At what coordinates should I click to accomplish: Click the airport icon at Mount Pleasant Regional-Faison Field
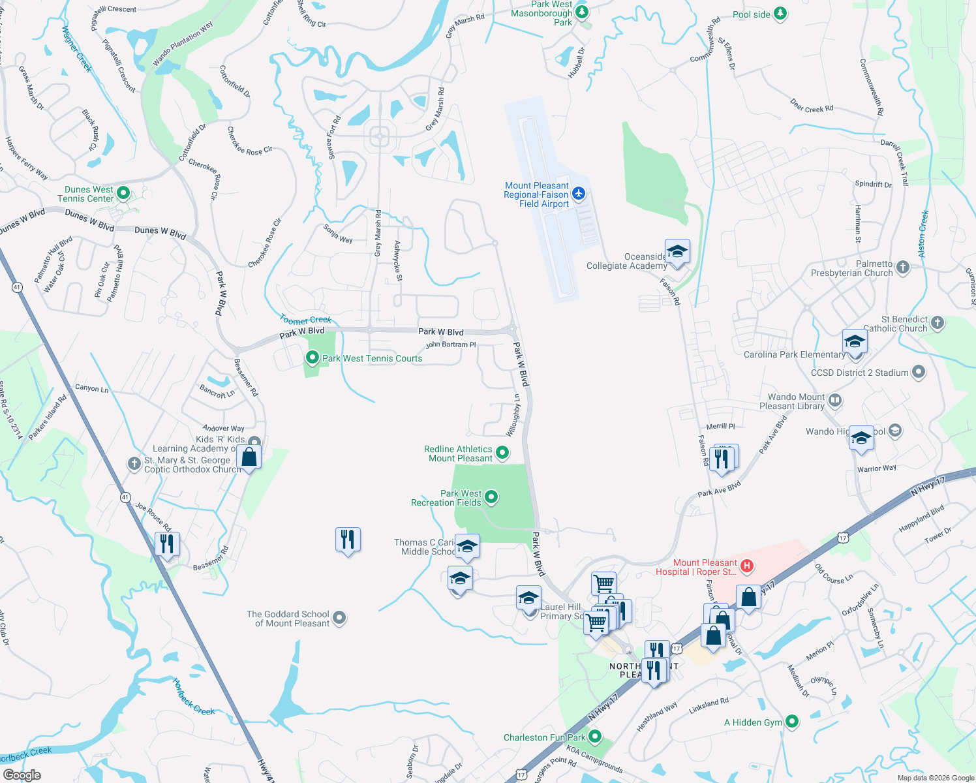(x=579, y=194)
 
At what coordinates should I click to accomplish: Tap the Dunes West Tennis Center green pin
(x=123, y=193)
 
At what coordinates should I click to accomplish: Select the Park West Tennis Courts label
(x=372, y=358)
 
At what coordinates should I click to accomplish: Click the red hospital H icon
(x=748, y=566)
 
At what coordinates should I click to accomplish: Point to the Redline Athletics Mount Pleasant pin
(x=502, y=452)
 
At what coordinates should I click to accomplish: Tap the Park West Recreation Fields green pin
(x=491, y=497)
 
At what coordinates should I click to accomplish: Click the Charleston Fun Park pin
(x=594, y=737)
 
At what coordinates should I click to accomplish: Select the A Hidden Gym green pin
(x=792, y=722)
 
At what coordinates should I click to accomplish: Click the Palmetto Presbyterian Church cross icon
(x=903, y=267)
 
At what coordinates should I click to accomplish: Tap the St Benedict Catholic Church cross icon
(x=938, y=322)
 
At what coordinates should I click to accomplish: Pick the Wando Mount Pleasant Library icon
(x=835, y=400)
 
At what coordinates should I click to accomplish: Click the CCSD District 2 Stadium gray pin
(x=919, y=372)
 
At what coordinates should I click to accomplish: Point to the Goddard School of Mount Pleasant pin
(x=339, y=617)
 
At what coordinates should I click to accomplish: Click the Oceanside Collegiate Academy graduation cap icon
(x=677, y=252)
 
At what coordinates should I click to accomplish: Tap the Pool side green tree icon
(x=780, y=14)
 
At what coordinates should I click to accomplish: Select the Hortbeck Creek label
(x=193, y=698)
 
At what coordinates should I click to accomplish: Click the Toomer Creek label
(x=305, y=320)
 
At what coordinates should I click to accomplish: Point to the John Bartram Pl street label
(x=451, y=345)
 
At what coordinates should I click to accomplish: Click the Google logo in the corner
(x=22, y=775)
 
